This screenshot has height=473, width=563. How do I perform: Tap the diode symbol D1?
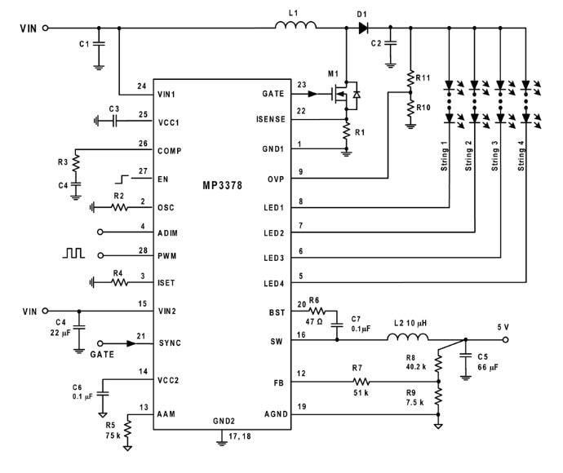coord(363,28)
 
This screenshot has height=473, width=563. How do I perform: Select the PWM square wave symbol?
coord(74,254)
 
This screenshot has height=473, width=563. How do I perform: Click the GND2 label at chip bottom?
coord(225,422)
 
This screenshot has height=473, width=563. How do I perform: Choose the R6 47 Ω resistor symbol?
coord(317,312)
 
